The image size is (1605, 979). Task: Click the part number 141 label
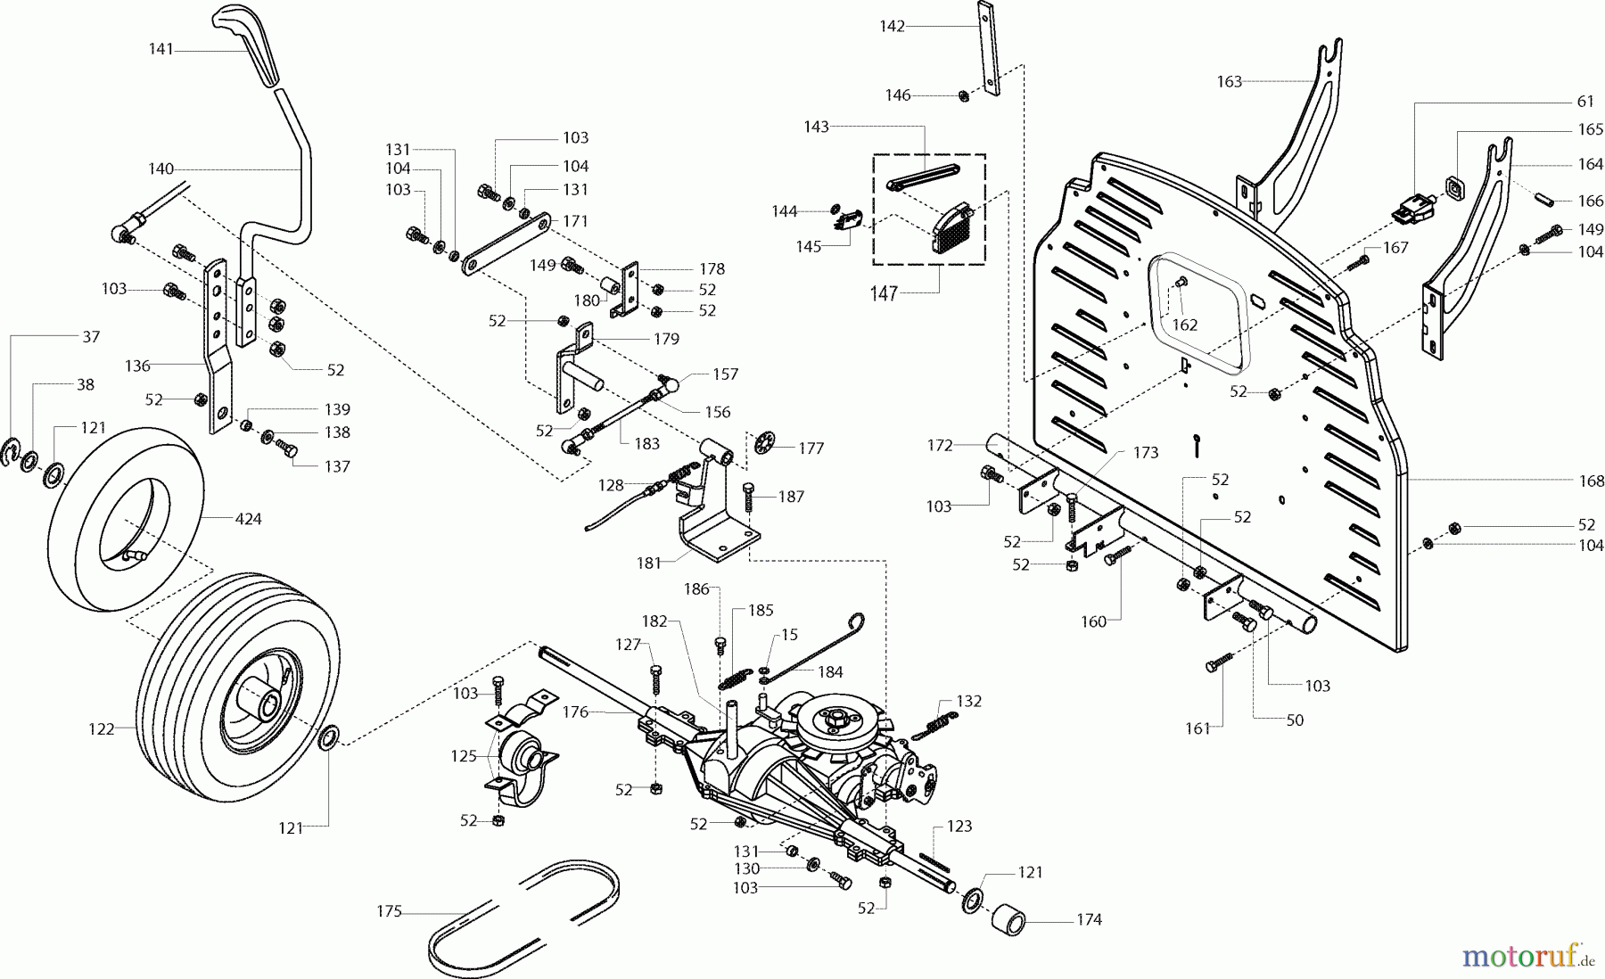[160, 50]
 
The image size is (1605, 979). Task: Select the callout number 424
[248, 518]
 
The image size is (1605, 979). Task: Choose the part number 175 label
[390, 911]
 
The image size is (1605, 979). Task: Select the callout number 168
[1591, 481]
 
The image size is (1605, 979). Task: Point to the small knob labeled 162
[1183, 283]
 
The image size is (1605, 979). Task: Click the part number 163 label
[1230, 81]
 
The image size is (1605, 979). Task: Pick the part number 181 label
[649, 563]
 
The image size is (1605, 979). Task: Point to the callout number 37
[90, 336]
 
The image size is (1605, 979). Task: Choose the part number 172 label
[940, 444]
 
